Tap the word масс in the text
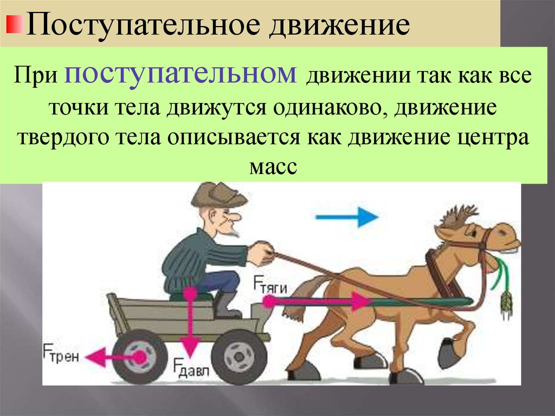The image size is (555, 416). pyautogui.click(x=273, y=167)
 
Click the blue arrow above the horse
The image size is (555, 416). pyautogui.click(x=347, y=217)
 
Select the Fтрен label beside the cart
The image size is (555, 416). pyautogui.click(x=61, y=353)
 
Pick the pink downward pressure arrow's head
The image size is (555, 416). pyautogui.click(x=190, y=346)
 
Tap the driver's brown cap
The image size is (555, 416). pyautogui.click(x=218, y=195)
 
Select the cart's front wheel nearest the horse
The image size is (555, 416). pyautogui.click(x=239, y=356)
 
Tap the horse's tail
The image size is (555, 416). pyautogui.click(x=299, y=298)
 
